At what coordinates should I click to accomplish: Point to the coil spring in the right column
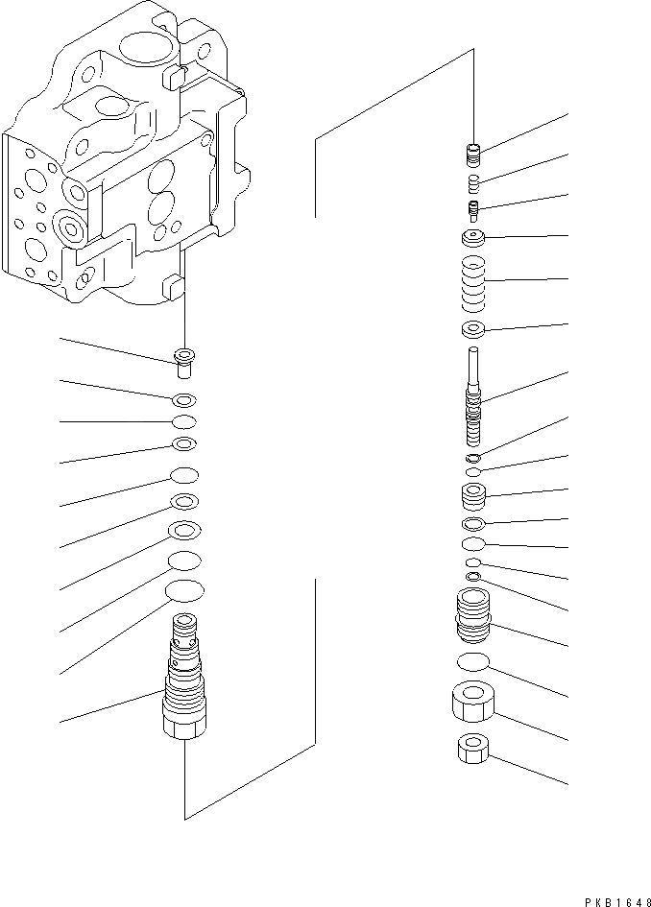click(472, 285)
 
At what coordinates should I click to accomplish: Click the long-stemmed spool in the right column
click(472, 394)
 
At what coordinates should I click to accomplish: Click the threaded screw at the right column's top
click(472, 154)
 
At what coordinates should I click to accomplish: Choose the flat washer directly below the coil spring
click(472, 331)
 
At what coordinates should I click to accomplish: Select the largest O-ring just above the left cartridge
click(184, 589)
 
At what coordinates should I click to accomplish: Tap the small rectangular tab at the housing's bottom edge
click(173, 285)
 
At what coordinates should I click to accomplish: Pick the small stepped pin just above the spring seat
click(472, 209)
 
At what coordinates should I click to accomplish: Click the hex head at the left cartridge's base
click(183, 727)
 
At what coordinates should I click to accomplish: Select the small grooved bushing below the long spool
click(472, 497)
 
